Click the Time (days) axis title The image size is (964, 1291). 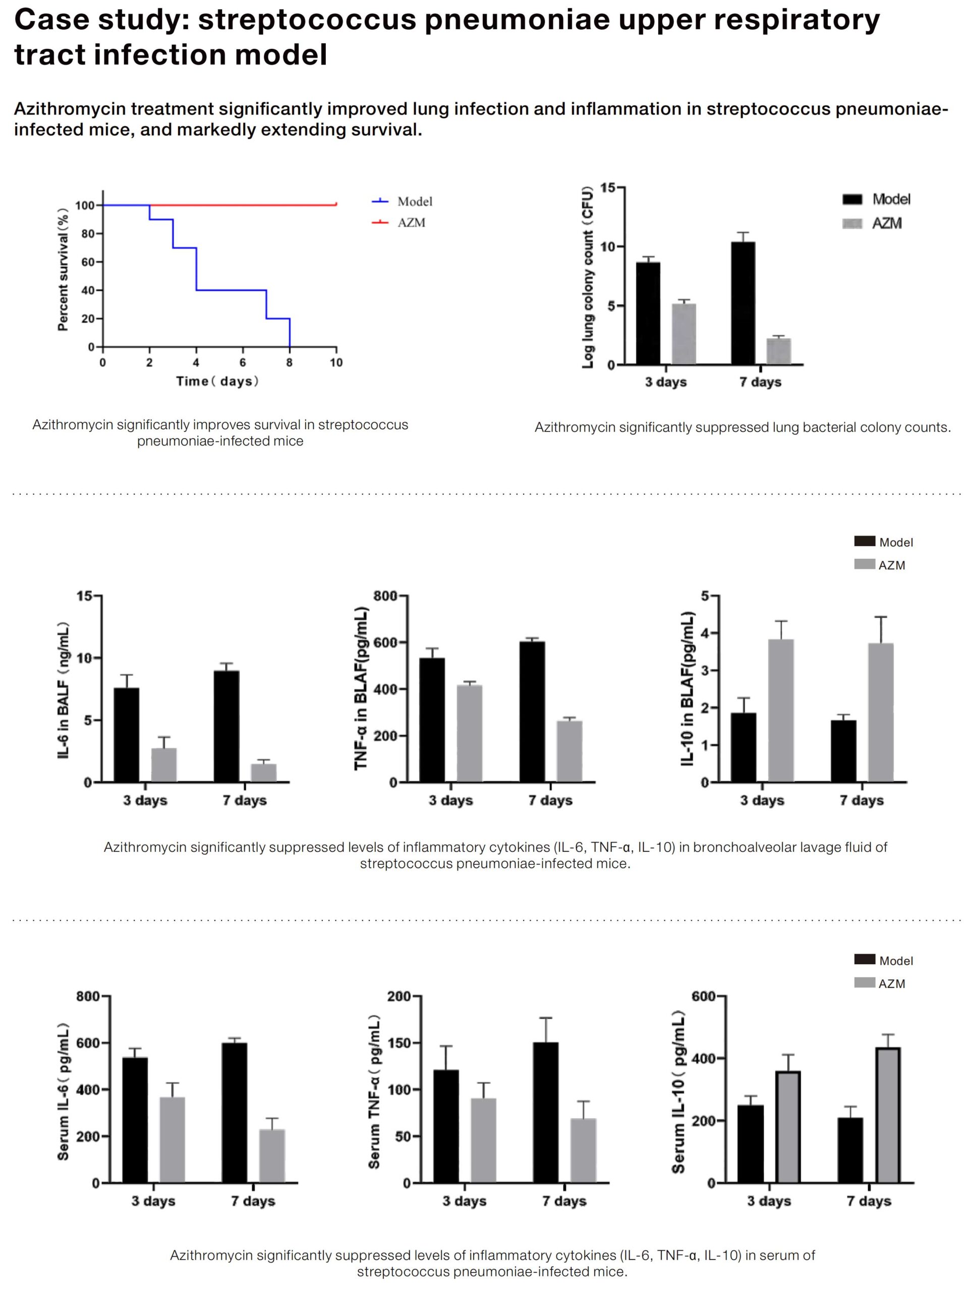217,381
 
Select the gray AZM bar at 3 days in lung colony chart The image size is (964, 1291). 684,334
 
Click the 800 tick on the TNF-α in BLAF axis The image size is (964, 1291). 386,596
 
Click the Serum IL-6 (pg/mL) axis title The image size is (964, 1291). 63,1091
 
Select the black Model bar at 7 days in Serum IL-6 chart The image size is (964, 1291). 235,1112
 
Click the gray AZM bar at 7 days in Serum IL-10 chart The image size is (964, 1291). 887,1115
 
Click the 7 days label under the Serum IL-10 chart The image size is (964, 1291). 869,1201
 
